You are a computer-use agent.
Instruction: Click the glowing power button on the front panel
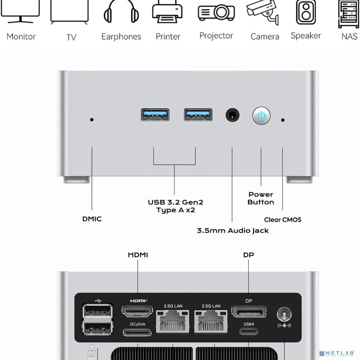(261, 116)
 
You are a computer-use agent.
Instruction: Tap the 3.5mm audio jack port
(232, 115)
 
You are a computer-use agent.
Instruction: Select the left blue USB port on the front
(155, 115)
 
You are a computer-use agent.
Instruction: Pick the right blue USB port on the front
(198, 115)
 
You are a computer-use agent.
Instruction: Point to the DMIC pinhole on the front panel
(92, 120)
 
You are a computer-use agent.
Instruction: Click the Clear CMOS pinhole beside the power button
(283, 120)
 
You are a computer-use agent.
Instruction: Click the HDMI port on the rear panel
(137, 311)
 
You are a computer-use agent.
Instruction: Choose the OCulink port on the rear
(137, 332)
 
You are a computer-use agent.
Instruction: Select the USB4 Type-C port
(249, 331)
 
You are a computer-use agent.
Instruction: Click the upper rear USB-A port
(98, 311)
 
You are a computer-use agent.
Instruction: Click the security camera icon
(263, 12)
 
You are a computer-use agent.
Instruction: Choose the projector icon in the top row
(216, 13)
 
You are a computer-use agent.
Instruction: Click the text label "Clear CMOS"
(283, 220)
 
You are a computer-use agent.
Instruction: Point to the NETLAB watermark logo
(338, 353)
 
